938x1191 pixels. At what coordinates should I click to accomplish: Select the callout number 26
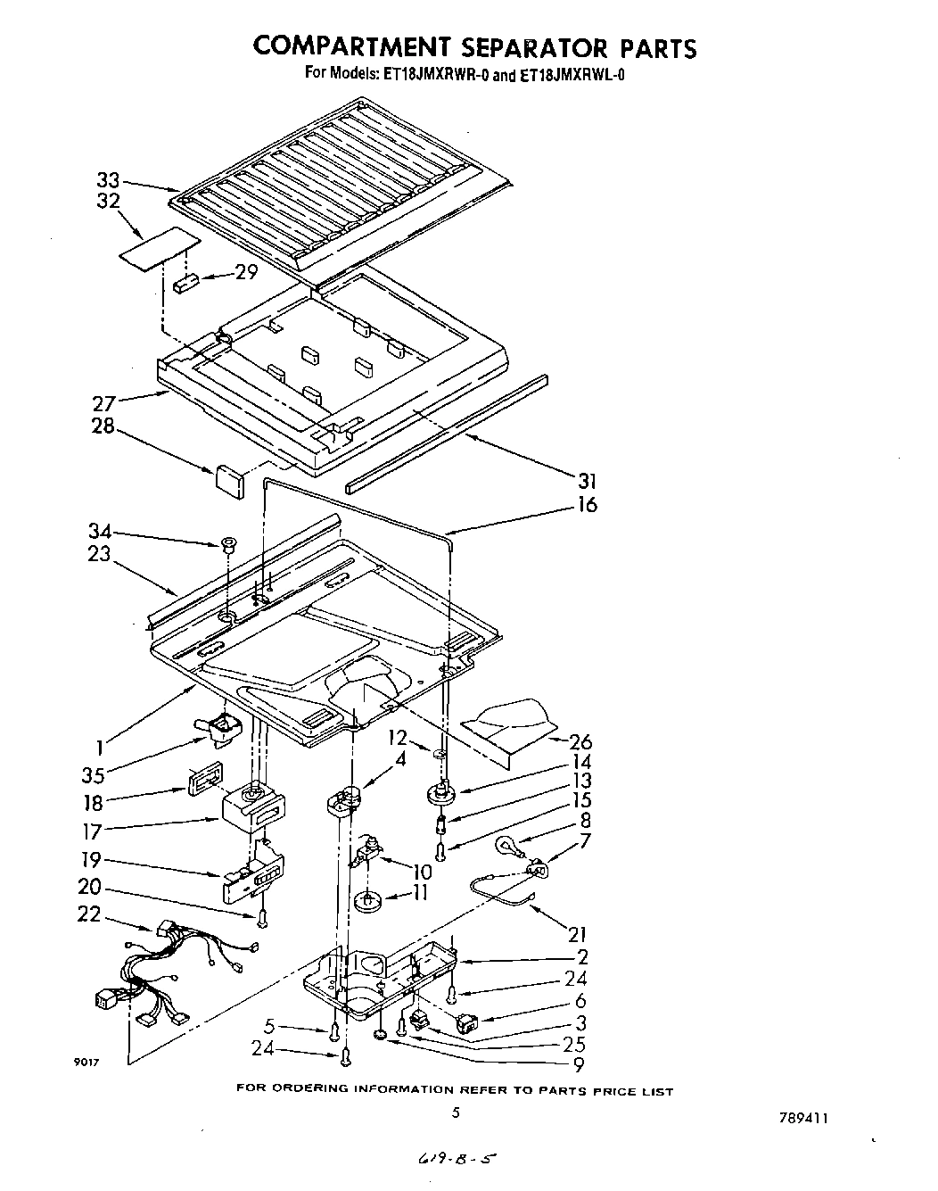pyautogui.click(x=580, y=742)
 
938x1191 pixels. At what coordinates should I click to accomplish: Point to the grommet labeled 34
pyautogui.click(x=226, y=543)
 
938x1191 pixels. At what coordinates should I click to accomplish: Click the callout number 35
pyautogui.click(x=93, y=774)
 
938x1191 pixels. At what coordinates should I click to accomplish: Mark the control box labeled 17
pyautogui.click(x=254, y=807)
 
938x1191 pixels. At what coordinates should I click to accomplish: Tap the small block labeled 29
pyautogui.click(x=187, y=284)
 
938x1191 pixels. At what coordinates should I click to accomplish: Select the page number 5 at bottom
pyautogui.click(x=456, y=1112)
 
